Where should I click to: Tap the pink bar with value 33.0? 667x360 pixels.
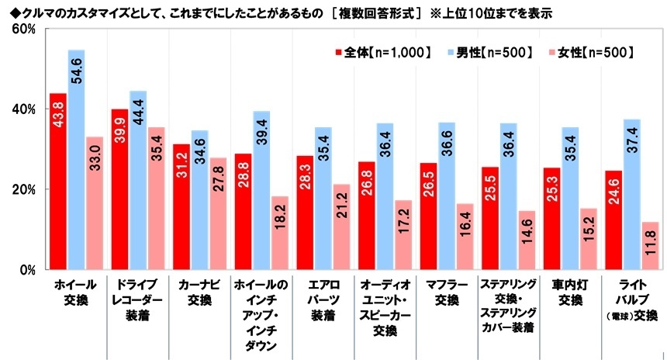pos(94,202)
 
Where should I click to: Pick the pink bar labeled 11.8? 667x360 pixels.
pos(649,245)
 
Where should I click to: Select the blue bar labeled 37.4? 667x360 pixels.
pos(631,194)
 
